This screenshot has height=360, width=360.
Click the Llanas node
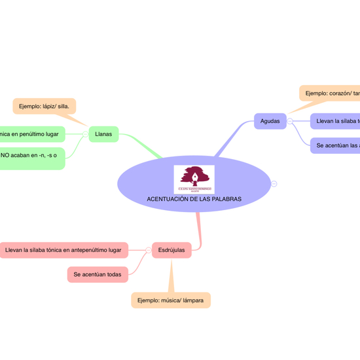(103, 134)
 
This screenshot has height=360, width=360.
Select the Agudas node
(270, 121)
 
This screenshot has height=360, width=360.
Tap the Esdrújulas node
(171, 250)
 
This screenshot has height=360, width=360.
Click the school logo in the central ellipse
(194, 179)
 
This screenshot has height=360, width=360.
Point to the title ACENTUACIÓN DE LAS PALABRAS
(194, 199)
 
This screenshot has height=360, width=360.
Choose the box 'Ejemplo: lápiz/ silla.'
(44, 106)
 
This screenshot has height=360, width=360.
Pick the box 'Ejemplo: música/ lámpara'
(171, 300)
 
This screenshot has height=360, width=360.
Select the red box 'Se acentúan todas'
(97, 274)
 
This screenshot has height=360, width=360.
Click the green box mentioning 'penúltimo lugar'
(31, 134)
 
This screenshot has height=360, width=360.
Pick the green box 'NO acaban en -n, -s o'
(31, 156)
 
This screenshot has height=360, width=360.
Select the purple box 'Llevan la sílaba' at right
(336, 121)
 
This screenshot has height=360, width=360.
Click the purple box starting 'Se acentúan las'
(336, 145)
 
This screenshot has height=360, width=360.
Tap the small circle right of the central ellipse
(274, 184)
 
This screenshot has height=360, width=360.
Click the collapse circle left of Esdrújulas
(148, 250)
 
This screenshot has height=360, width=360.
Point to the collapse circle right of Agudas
(290, 121)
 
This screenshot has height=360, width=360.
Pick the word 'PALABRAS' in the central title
(226, 199)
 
